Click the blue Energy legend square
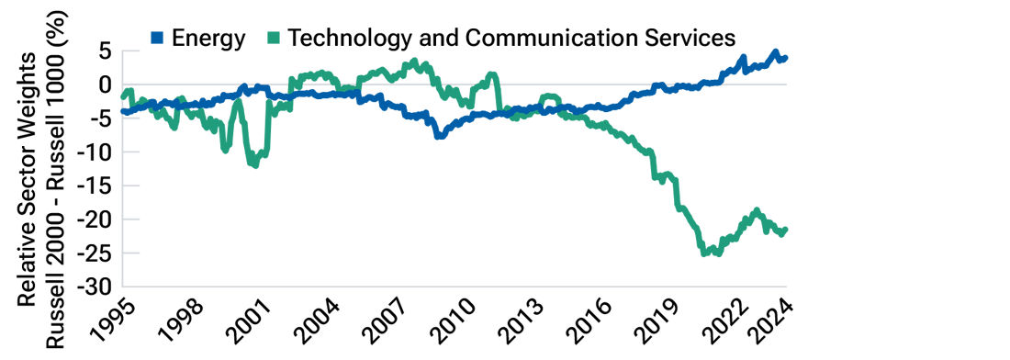coord(155,38)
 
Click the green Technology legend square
coord(273,38)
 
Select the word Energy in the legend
coord(208,38)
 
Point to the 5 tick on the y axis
coord(104,51)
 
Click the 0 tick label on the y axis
coord(104,84)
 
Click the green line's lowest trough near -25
coord(705,253)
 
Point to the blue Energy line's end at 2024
coord(785,58)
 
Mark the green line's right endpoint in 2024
coord(785,230)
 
